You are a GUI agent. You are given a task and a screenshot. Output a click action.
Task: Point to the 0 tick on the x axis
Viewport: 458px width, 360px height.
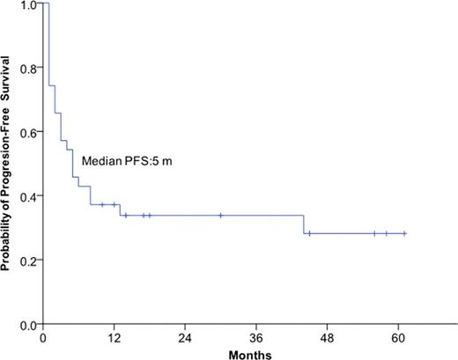point(43,336)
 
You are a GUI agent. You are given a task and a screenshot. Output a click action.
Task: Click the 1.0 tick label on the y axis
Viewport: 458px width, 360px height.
point(28,4)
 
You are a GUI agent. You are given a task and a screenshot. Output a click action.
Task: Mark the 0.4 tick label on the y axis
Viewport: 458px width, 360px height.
point(28,196)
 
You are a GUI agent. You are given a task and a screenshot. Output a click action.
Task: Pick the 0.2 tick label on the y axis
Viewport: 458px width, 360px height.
point(28,261)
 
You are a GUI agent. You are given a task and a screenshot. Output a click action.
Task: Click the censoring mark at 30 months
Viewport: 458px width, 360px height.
point(220,215)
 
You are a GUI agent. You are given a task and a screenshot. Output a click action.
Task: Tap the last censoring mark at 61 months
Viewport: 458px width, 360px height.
point(404,233)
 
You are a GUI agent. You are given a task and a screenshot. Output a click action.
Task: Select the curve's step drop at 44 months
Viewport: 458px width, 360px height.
point(304,224)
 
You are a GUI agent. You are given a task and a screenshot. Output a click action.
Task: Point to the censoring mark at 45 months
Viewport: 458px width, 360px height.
point(309,233)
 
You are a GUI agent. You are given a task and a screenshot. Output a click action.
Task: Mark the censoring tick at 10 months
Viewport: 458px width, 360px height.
point(102,204)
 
